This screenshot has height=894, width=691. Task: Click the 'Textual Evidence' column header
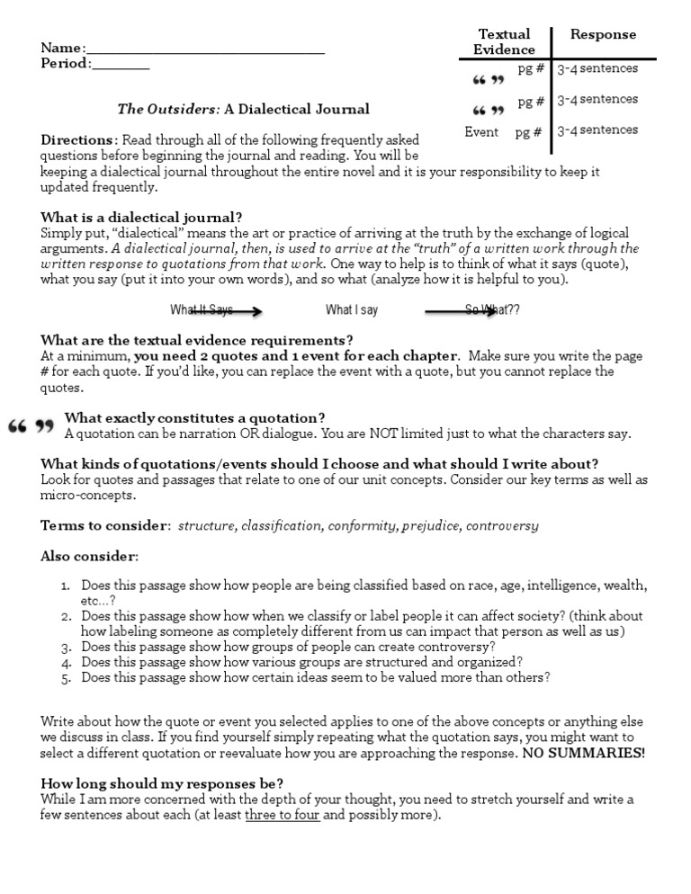(x=504, y=42)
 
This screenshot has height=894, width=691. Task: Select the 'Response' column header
(x=603, y=35)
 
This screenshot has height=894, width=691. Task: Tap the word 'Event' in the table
(x=481, y=132)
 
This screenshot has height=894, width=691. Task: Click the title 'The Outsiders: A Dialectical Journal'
(x=243, y=109)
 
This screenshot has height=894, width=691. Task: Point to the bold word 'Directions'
(x=78, y=140)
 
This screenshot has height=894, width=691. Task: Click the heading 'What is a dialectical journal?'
(x=141, y=217)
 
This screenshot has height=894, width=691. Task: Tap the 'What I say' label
(x=352, y=310)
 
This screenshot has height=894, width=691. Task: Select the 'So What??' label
(x=492, y=310)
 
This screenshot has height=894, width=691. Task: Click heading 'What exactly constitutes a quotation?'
(x=194, y=417)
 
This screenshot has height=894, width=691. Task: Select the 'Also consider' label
(x=89, y=557)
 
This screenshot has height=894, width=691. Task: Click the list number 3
(x=66, y=647)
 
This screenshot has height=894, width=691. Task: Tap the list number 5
(x=66, y=678)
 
